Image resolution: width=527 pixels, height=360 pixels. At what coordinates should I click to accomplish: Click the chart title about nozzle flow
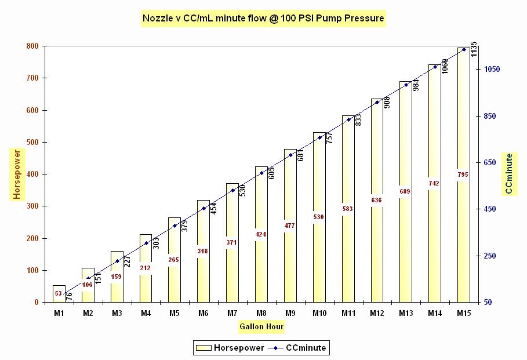263,19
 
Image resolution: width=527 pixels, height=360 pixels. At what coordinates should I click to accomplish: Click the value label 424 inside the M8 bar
261,234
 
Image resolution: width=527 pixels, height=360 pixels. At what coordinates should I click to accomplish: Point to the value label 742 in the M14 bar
434,183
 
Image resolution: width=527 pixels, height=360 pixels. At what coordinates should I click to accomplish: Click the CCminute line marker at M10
319,137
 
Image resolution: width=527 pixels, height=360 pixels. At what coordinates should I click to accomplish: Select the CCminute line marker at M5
175,226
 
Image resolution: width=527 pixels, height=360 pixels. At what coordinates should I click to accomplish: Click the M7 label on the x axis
232,313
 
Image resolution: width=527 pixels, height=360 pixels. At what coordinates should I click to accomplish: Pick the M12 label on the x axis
377,313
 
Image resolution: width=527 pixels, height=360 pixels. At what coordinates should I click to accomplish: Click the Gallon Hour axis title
261,327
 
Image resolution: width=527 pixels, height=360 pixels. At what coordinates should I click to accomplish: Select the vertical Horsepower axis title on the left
17,174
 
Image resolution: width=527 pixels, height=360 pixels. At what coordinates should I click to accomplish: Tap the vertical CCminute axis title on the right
509,174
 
